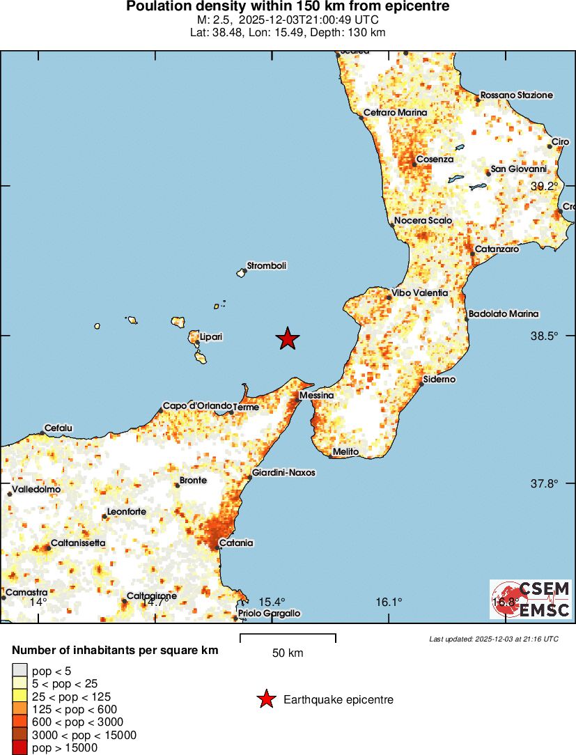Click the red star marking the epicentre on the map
point(288,338)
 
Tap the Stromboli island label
point(267,265)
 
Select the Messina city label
point(317,396)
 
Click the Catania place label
point(236,543)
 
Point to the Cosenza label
point(435,159)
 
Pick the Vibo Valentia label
point(420,293)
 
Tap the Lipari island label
point(211,337)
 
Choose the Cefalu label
point(59,428)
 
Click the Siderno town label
point(439,380)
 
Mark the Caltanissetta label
point(78,543)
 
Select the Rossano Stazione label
point(517,95)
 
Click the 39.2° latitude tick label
point(545,186)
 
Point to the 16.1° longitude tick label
point(389,602)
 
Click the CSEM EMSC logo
point(531,600)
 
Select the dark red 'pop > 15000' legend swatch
point(20,748)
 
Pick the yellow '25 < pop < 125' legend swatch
point(20,696)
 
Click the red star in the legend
point(265,699)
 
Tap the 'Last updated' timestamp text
point(493,639)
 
